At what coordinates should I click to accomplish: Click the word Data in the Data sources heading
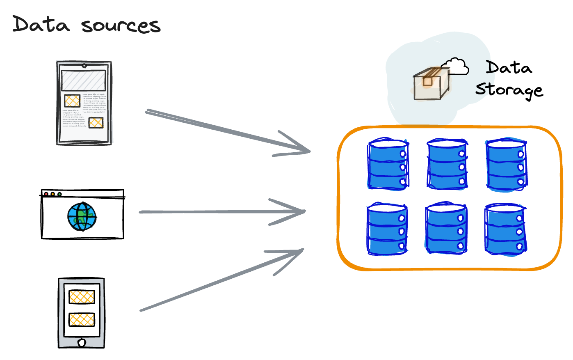coord(41,24)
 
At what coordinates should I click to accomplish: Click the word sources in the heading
coord(121,26)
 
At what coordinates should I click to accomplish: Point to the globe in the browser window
coord(82,216)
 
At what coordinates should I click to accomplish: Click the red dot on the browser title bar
coord(46,194)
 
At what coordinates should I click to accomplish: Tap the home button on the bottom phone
coord(81,342)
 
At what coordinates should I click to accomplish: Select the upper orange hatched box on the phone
coord(82,297)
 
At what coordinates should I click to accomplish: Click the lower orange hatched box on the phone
coord(82,319)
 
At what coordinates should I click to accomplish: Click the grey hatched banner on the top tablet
coord(83,80)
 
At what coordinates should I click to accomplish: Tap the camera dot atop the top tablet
coord(84,65)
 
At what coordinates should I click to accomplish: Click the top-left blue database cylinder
coord(388,164)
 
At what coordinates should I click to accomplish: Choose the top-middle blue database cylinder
coord(447,164)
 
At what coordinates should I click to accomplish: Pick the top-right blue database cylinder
coord(506,165)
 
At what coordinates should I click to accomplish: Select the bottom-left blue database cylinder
coord(387,229)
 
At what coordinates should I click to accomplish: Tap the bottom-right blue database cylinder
coord(505,229)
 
